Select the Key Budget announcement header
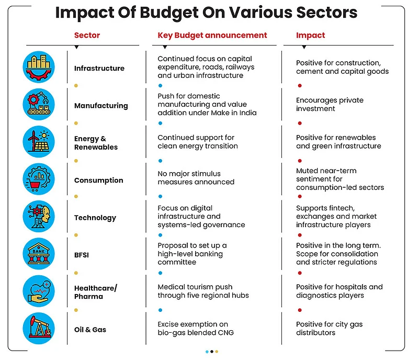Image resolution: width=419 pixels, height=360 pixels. (x=212, y=36)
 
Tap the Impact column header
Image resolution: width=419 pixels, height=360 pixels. (x=310, y=36)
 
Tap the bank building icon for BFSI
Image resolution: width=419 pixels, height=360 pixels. (x=39, y=254)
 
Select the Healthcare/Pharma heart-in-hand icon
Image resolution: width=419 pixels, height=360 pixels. (x=39, y=291)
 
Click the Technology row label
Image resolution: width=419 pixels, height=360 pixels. (x=95, y=218)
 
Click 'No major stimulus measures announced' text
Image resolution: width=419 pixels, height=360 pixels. (x=196, y=178)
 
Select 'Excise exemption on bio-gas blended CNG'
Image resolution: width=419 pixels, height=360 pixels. (x=196, y=329)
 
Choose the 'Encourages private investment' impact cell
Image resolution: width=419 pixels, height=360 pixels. (x=330, y=105)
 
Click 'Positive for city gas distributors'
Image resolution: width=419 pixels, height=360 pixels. (x=329, y=329)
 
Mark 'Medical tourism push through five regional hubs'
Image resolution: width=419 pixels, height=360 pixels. (x=203, y=291)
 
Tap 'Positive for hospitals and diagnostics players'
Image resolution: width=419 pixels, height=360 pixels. (x=339, y=291)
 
